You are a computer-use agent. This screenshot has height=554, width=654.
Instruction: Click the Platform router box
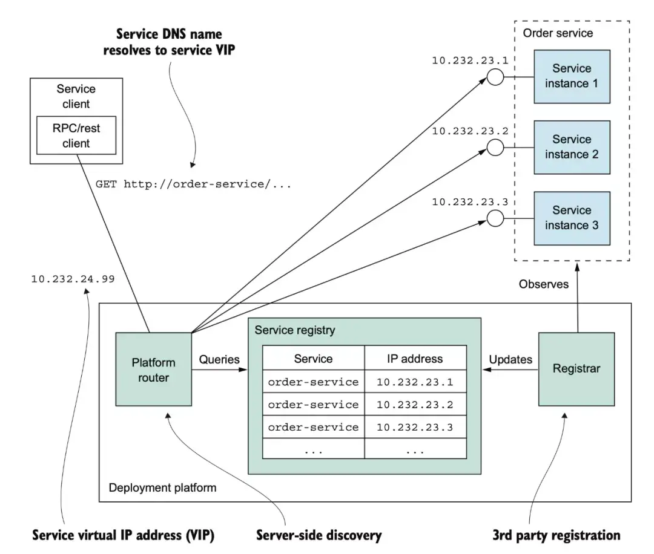pyautogui.click(x=153, y=369)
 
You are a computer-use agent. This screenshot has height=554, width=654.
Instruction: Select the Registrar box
pyautogui.click(x=576, y=369)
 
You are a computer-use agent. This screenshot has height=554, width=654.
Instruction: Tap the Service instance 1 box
pyautogui.click(x=572, y=77)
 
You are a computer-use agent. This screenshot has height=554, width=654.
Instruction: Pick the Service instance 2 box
pyautogui.click(x=572, y=148)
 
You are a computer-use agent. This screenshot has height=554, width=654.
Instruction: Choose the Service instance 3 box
pyautogui.click(x=572, y=218)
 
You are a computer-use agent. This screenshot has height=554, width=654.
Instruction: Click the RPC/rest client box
pyautogui.click(x=76, y=135)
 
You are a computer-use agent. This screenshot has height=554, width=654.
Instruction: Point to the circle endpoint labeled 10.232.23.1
pyautogui.click(x=495, y=77)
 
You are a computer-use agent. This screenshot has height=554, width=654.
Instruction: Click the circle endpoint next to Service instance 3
pyautogui.click(x=495, y=218)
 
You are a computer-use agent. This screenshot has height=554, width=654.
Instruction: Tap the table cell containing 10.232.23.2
pyautogui.click(x=415, y=404)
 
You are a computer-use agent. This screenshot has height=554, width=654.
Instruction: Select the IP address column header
pyautogui.click(x=415, y=358)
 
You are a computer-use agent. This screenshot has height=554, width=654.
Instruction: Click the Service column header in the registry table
pyautogui.click(x=314, y=358)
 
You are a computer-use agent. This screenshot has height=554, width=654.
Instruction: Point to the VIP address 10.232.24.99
pyautogui.click(x=73, y=279)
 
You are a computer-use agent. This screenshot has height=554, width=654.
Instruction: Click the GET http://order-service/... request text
pyautogui.click(x=194, y=184)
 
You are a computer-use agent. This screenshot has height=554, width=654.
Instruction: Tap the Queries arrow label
pyautogui.click(x=219, y=359)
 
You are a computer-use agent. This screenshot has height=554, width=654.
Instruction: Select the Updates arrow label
pyautogui.click(x=510, y=359)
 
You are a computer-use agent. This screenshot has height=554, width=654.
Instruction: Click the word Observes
pyautogui.click(x=543, y=284)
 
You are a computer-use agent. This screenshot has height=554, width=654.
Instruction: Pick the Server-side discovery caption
pyautogui.click(x=319, y=535)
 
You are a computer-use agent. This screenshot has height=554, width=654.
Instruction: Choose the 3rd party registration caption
pyautogui.click(x=557, y=535)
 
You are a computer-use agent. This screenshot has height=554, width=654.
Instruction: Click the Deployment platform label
pyautogui.click(x=163, y=487)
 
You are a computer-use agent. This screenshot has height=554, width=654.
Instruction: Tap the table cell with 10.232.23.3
pyautogui.click(x=415, y=427)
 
